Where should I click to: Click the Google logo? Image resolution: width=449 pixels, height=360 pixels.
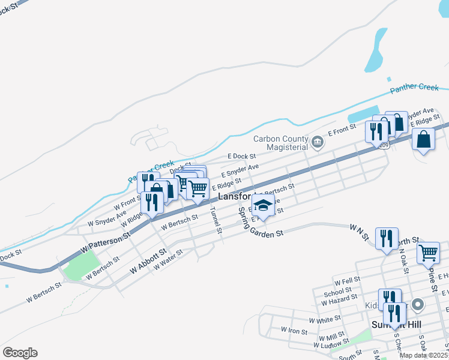click(20, 353)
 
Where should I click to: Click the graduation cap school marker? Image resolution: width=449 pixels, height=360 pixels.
click(262, 206)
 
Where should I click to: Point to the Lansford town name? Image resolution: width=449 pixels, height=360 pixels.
click(233, 196)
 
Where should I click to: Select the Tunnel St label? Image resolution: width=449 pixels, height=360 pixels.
click(215, 220)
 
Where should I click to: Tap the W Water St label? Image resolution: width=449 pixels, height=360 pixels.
click(168, 260)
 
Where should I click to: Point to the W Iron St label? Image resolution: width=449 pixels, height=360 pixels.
click(294, 331)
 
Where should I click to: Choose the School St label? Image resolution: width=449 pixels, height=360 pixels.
click(334, 293)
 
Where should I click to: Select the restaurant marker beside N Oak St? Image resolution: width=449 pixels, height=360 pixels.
click(387, 238)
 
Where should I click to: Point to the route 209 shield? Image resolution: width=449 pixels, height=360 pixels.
click(384, 145)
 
